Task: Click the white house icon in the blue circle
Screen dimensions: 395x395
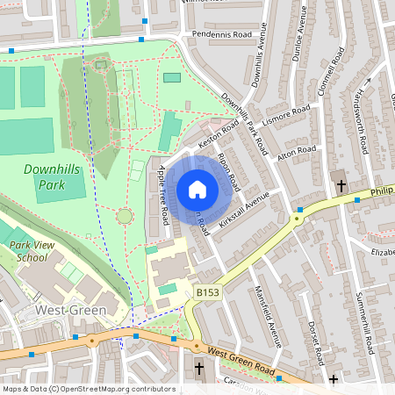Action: point(197,190)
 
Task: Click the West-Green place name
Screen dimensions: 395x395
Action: point(70,311)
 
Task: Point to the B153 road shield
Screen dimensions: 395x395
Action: point(207,292)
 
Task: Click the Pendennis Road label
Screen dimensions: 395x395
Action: point(220,35)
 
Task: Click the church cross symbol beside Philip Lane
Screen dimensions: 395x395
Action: point(341,186)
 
